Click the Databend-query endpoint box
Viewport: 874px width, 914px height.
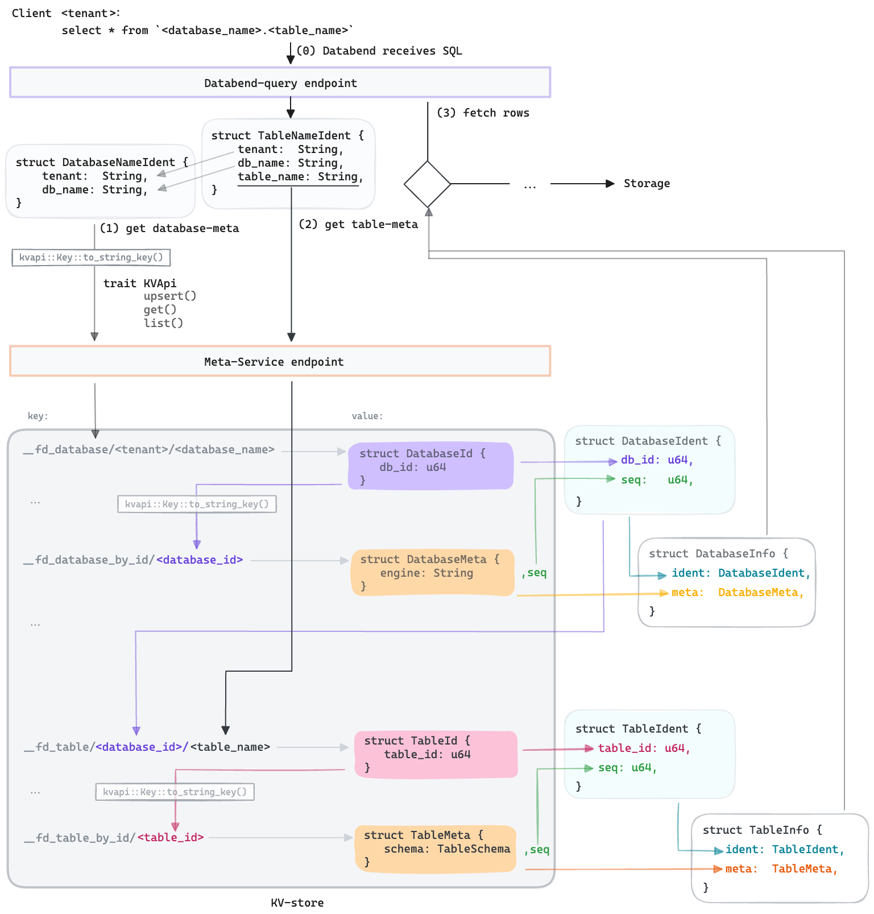[280, 83]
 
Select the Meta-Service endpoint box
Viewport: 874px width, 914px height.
[280, 361]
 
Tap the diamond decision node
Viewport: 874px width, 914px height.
[428, 184]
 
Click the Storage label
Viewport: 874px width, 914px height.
[647, 183]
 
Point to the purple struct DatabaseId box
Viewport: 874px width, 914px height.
[430, 466]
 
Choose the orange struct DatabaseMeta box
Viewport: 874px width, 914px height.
[433, 572]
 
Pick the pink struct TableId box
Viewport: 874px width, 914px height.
[436, 754]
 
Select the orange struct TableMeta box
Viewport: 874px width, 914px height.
[436, 849]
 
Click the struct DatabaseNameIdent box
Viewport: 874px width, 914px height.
[100, 181]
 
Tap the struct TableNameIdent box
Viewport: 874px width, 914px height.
[288, 163]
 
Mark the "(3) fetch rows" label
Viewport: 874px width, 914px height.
[483, 113]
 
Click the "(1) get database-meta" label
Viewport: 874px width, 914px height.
[169, 228]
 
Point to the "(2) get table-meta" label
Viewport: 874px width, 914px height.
[358, 224]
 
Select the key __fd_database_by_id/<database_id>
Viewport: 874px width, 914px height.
[134, 560]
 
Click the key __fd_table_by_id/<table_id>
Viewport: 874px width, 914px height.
[114, 837]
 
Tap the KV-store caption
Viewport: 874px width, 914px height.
[297, 903]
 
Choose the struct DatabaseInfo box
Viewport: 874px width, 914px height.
[726, 582]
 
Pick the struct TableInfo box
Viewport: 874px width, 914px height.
[779, 858]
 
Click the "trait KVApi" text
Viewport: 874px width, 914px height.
[140, 283]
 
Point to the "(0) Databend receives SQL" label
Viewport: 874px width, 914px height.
[379, 51]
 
